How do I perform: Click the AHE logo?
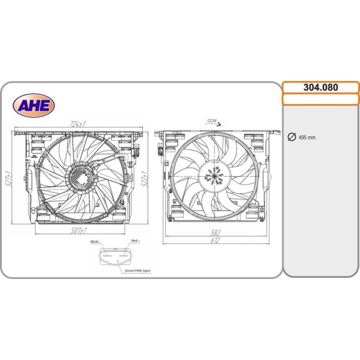(33, 105)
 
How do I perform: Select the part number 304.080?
(320, 87)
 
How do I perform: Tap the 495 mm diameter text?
(306, 137)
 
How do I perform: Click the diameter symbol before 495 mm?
(291, 137)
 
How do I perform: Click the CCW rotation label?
(211, 120)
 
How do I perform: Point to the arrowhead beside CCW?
(224, 122)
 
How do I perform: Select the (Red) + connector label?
(135, 241)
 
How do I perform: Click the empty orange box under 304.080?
(320, 99)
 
